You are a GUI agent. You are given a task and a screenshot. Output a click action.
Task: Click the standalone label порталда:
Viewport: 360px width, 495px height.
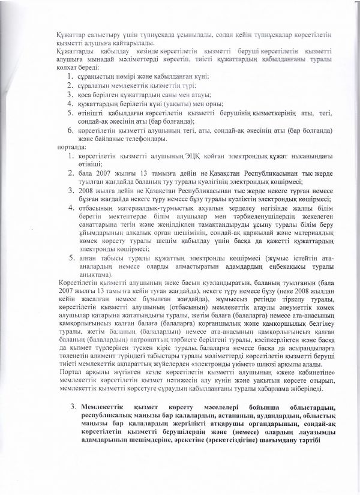point(71,147)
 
